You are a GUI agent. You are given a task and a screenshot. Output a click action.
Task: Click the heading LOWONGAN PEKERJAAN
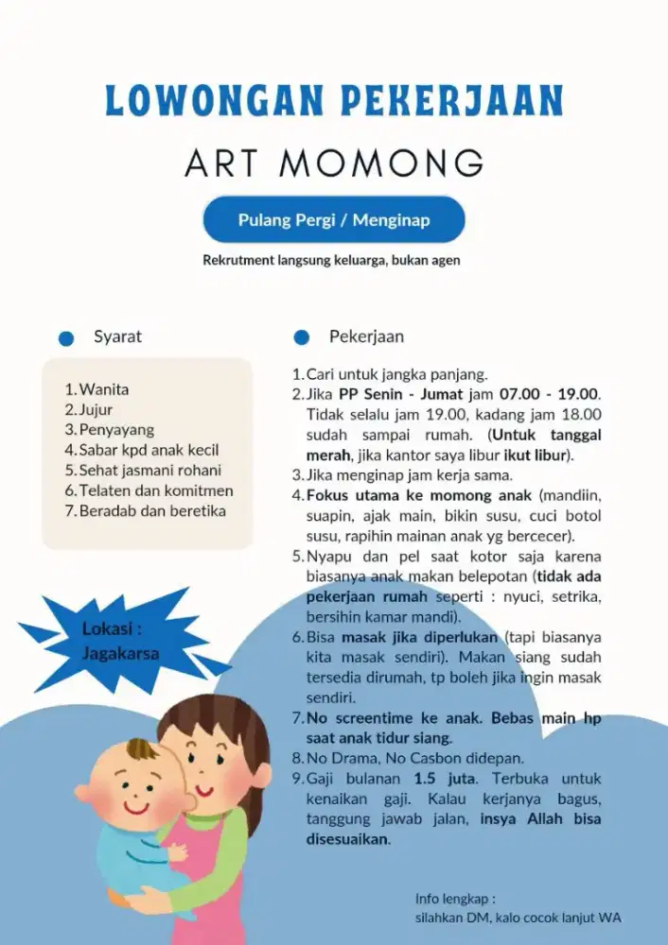click(334, 101)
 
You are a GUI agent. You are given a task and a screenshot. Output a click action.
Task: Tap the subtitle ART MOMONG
click(334, 163)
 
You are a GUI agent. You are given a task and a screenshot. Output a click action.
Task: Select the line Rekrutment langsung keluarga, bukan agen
click(331, 260)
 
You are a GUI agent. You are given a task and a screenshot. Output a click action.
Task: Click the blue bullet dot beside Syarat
click(66, 338)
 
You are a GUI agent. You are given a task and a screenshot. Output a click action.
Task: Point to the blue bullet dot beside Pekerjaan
click(302, 338)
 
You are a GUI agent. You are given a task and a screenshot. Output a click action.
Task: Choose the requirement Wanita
click(104, 389)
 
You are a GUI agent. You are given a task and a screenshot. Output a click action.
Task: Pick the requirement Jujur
click(96, 410)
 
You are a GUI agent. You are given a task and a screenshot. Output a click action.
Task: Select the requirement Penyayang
click(116, 430)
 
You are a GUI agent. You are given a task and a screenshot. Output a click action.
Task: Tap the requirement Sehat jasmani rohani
click(149, 471)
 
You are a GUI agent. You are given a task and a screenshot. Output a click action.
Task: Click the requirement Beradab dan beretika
click(152, 511)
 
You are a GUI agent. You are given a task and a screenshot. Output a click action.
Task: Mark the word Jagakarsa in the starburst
click(120, 653)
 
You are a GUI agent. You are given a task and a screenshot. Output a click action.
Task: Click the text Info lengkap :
click(455, 898)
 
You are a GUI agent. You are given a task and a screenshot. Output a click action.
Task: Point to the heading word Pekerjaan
click(366, 337)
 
